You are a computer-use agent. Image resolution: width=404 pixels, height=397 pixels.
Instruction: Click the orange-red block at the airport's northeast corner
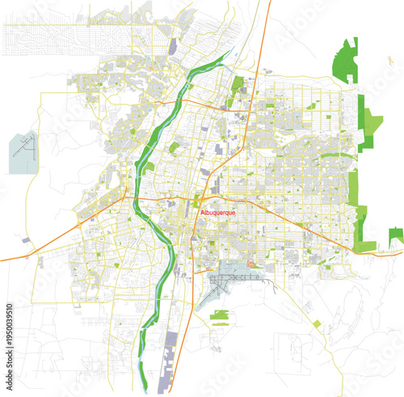(251, 263)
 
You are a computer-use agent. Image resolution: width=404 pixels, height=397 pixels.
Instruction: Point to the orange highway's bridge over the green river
(137, 196)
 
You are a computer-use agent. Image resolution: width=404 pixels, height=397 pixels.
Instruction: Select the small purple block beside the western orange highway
(29, 240)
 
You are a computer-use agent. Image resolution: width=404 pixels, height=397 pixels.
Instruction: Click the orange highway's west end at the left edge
(2, 259)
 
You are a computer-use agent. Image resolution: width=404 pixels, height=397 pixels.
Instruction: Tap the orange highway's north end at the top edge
(269, 2)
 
